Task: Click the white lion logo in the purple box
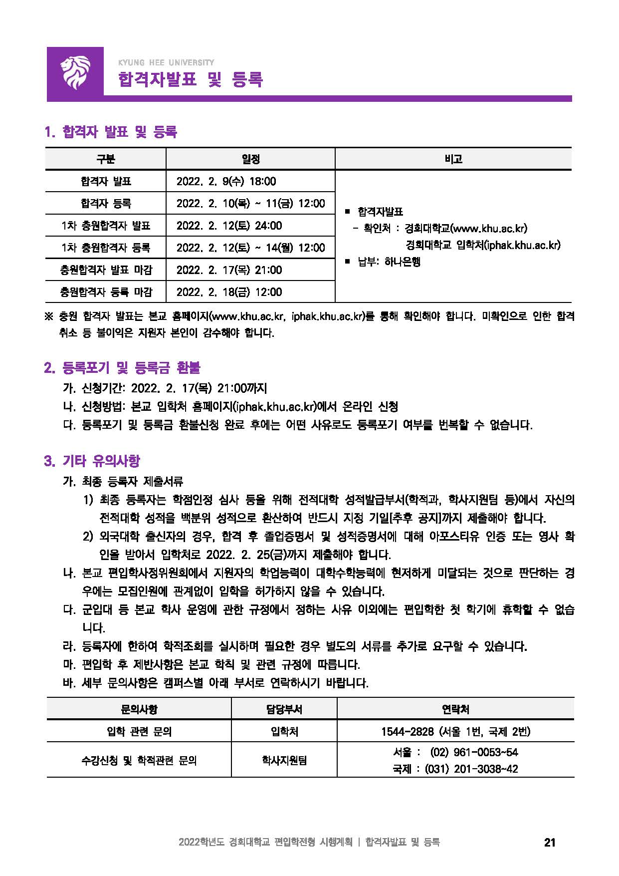pyautogui.click(x=75, y=73)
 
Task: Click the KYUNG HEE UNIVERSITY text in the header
pyautogui.click(x=166, y=63)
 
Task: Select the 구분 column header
pyautogui.click(x=105, y=159)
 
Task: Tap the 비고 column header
pyautogui.click(x=453, y=159)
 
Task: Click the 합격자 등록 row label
pyautogui.click(x=105, y=204)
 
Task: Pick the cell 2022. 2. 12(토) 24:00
pyautogui.click(x=229, y=226)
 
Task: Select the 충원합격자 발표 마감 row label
pyautogui.click(x=105, y=270)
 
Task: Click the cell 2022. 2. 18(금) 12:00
pyautogui.click(x=229, y=292)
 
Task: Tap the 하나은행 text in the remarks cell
pyautogui.click(x=402, y=262)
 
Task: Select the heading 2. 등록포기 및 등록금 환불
pyautogui.click(x=122, y=368)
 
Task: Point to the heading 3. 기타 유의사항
pyautogui.click(x=92, y=461)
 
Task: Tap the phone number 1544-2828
pyautogui.click(x=407, y=731)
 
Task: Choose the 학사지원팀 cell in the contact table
pyautogui.click(x=284, y=760)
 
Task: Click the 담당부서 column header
pyautogui.click(x=284, y=709)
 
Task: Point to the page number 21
pyautogui.click(x=549, y=843)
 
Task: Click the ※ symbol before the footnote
pyautogui.click(x=49, y=316)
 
